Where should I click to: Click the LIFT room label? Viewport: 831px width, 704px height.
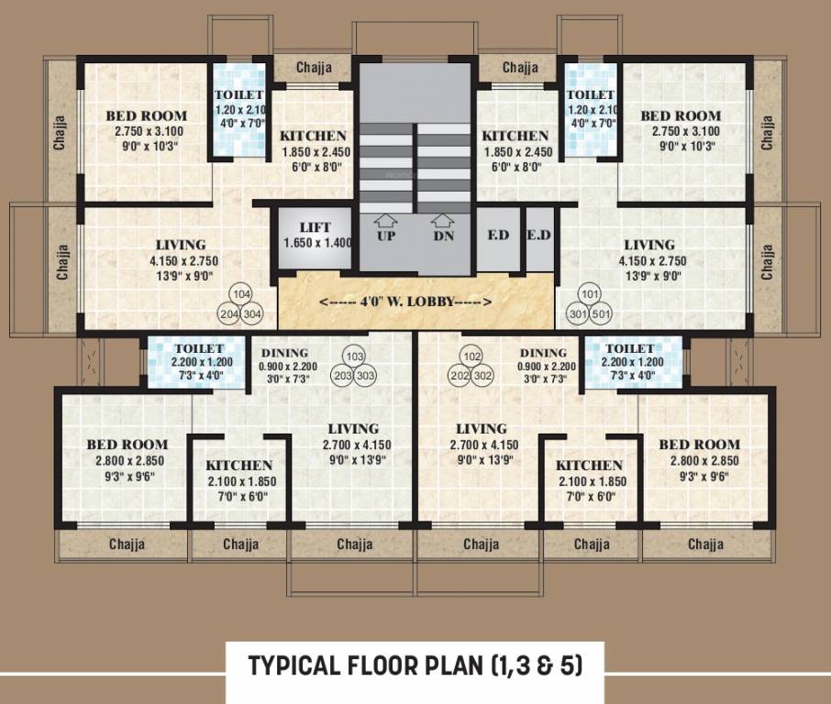[x=315, y=227]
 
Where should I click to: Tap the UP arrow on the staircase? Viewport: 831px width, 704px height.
[x=387, y=221]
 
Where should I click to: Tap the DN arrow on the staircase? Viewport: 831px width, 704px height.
[x=444, y=221]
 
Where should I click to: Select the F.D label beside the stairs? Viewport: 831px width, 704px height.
[x=498, y=234]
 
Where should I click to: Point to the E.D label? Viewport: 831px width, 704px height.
[x=538, y=234]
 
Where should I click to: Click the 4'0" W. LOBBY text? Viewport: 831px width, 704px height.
[x=405, y=302]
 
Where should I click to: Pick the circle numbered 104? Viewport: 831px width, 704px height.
[x=242, y=294]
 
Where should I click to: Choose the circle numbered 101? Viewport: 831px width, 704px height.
[x=589, y=294]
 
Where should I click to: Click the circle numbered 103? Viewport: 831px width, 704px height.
[x=354, y=357]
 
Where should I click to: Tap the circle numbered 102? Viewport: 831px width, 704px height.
[x=471, y=357]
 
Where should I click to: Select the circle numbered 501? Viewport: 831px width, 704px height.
[x=602, y=313]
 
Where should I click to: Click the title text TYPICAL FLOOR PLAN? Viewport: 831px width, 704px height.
[x=415, y=665]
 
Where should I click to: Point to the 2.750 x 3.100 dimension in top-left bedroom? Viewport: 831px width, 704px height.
[x=146, y=131]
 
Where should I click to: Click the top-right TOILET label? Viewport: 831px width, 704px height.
[x=591, y=94]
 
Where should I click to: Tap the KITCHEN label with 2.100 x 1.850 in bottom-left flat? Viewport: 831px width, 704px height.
[x=238, y=466]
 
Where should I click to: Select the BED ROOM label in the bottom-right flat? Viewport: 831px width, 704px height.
[x=699, y=445]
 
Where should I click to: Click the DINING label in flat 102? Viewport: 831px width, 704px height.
[x=542, y=353]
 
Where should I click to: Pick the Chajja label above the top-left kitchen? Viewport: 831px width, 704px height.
[x=311, y=67]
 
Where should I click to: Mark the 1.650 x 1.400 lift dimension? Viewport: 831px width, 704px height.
[x=315, y=243]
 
